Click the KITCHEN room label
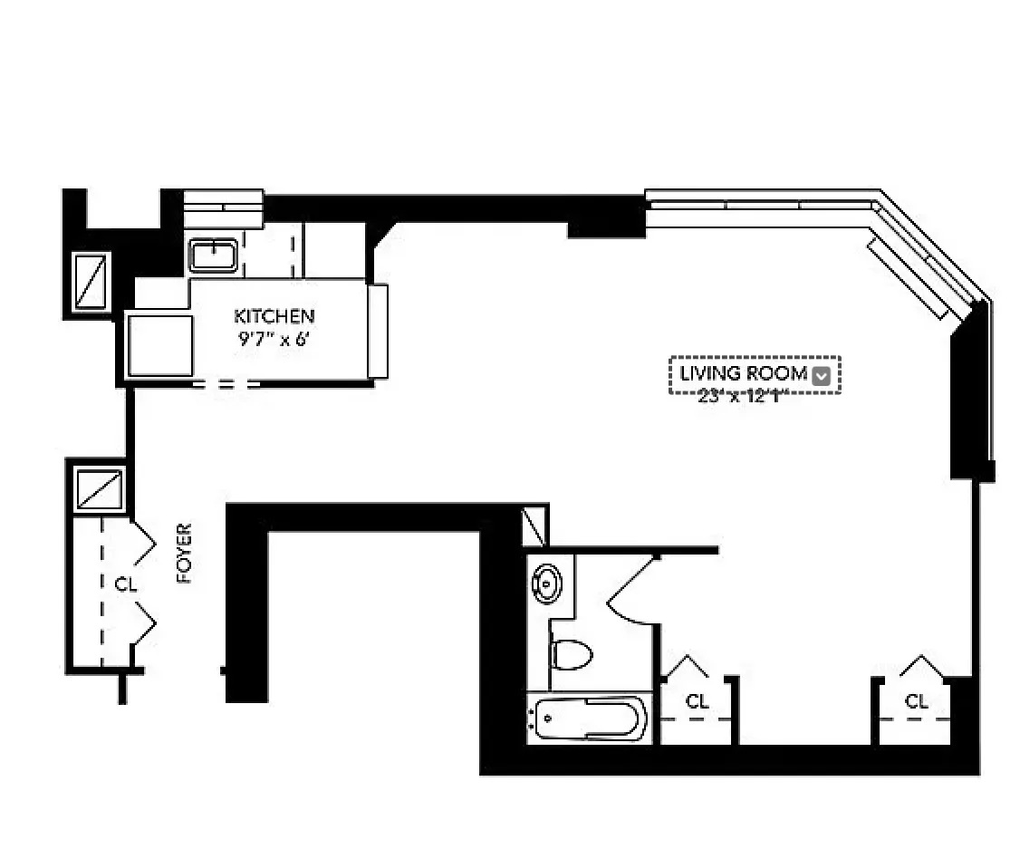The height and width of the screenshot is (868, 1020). point(274,316)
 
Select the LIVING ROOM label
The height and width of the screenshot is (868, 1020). point(743,373)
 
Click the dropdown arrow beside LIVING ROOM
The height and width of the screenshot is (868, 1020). point(822,376)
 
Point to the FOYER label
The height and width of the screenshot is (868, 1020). point(185,553)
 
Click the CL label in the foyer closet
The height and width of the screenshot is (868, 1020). point(125,585)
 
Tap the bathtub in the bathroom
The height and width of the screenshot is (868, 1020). point(588,720)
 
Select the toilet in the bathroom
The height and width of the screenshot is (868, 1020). point(571,652)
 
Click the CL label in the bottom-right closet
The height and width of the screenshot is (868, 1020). point(917,701)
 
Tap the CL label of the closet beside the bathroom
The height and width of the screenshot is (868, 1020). point(697,701)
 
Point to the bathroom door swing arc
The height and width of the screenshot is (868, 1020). point(634,593)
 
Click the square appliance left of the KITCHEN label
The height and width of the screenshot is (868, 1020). point(160,345)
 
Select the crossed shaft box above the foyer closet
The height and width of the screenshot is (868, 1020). point(100,489)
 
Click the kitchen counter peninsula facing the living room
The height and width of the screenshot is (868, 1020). point(378,331)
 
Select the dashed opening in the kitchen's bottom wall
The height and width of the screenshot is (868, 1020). point(226,384)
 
